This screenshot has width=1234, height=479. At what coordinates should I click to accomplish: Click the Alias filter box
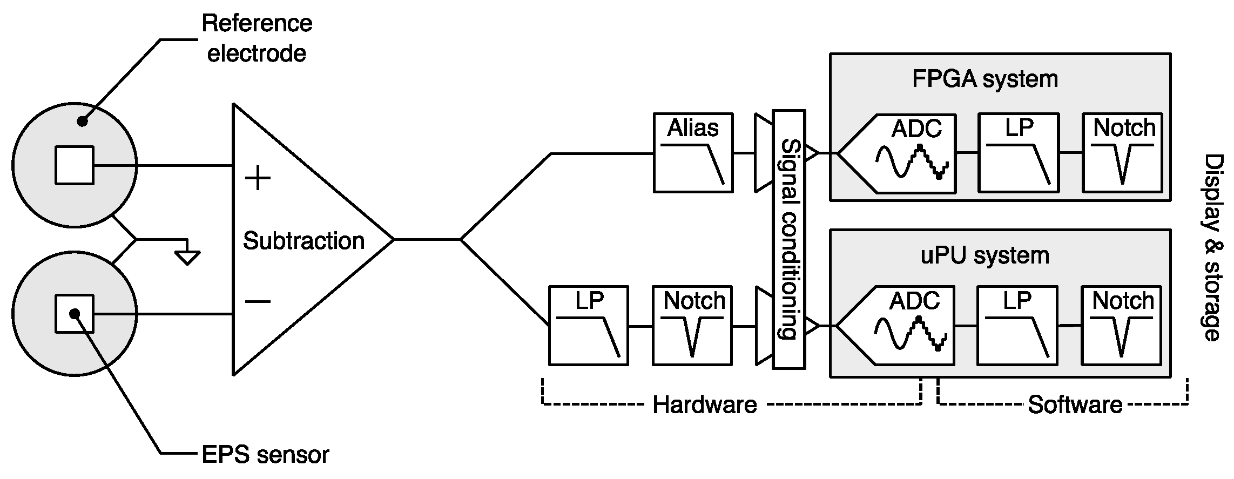693,153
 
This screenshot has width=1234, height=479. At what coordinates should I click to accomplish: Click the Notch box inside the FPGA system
1122,153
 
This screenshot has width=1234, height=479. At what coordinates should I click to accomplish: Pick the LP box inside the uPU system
1017,326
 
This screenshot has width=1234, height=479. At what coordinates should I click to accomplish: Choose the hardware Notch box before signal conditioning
692,326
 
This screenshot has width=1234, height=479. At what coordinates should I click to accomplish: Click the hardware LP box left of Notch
588,326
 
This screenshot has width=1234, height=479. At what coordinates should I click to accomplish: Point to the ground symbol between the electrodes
187,257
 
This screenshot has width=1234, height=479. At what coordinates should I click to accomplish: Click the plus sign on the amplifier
258,179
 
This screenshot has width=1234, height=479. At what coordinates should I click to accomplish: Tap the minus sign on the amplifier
258,301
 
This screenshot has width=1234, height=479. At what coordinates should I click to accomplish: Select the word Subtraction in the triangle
304,241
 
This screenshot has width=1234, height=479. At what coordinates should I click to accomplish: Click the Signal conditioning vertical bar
789,240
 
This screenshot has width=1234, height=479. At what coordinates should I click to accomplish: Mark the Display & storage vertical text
1212,248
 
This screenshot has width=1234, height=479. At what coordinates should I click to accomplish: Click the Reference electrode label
257,39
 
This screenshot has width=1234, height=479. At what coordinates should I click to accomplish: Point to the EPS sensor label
265,455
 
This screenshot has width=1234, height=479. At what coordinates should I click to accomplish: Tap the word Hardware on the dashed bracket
704,404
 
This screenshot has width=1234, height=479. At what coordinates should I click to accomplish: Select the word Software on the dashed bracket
1075,404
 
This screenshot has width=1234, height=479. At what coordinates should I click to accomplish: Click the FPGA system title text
984,79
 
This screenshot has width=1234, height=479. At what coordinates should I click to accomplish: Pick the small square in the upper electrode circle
75,165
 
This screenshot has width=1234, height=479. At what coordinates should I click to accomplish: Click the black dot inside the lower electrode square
75,313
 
